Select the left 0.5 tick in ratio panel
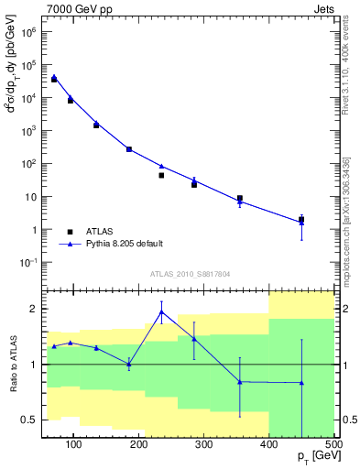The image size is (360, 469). [x=30, y=420]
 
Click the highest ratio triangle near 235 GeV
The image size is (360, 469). [x=161, y=311]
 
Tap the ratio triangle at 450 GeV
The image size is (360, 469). [x=301, y=382]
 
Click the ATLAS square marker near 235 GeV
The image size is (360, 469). [x=161, y=175]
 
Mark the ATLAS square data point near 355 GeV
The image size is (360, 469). [x=240, y=198]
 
